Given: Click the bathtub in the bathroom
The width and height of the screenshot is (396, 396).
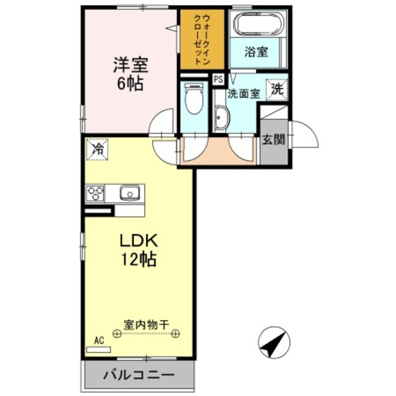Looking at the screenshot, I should coord(258,25).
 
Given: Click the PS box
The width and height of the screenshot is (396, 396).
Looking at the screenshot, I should coord(218,79).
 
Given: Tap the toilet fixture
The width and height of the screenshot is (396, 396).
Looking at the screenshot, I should coord(194,99).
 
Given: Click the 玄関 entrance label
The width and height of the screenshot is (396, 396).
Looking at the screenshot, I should coord(273,139).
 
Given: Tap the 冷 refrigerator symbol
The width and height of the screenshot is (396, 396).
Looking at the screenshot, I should coord(97,149).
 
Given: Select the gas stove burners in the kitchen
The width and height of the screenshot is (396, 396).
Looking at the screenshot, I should coord(96,193).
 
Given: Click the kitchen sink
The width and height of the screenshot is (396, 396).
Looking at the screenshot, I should coord(130,193).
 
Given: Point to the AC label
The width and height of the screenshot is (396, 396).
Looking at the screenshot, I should coord(98,340).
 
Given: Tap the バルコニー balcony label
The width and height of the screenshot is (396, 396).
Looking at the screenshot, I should coord(138,375).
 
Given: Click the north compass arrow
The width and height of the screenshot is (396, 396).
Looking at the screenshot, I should coord(274,343).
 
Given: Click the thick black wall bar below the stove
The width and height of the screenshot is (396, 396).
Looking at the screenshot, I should coord(100,212).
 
